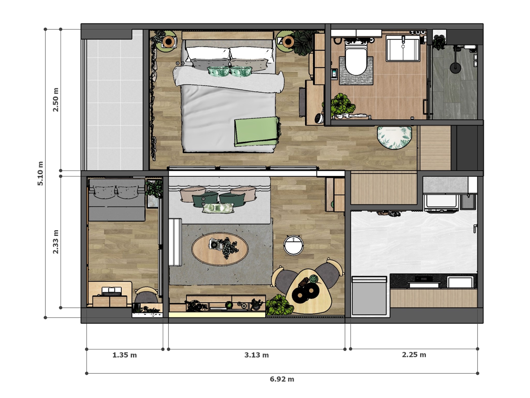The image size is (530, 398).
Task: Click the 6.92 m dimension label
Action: coord(282,379)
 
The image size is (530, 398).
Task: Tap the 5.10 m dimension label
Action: coord(41,173)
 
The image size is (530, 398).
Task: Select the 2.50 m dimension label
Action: coord(56,99)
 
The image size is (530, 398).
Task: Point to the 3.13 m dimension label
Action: coord(256,355)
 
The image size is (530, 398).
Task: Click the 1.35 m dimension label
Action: coord(124,355)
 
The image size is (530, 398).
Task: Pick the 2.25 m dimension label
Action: coord(414,355)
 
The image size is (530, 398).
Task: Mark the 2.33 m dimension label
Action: coord(56,241)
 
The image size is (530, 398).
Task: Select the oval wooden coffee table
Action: coord(220,249)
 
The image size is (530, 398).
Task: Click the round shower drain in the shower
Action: coord(455,68)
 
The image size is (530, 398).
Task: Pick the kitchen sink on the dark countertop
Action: coord(461,282)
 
